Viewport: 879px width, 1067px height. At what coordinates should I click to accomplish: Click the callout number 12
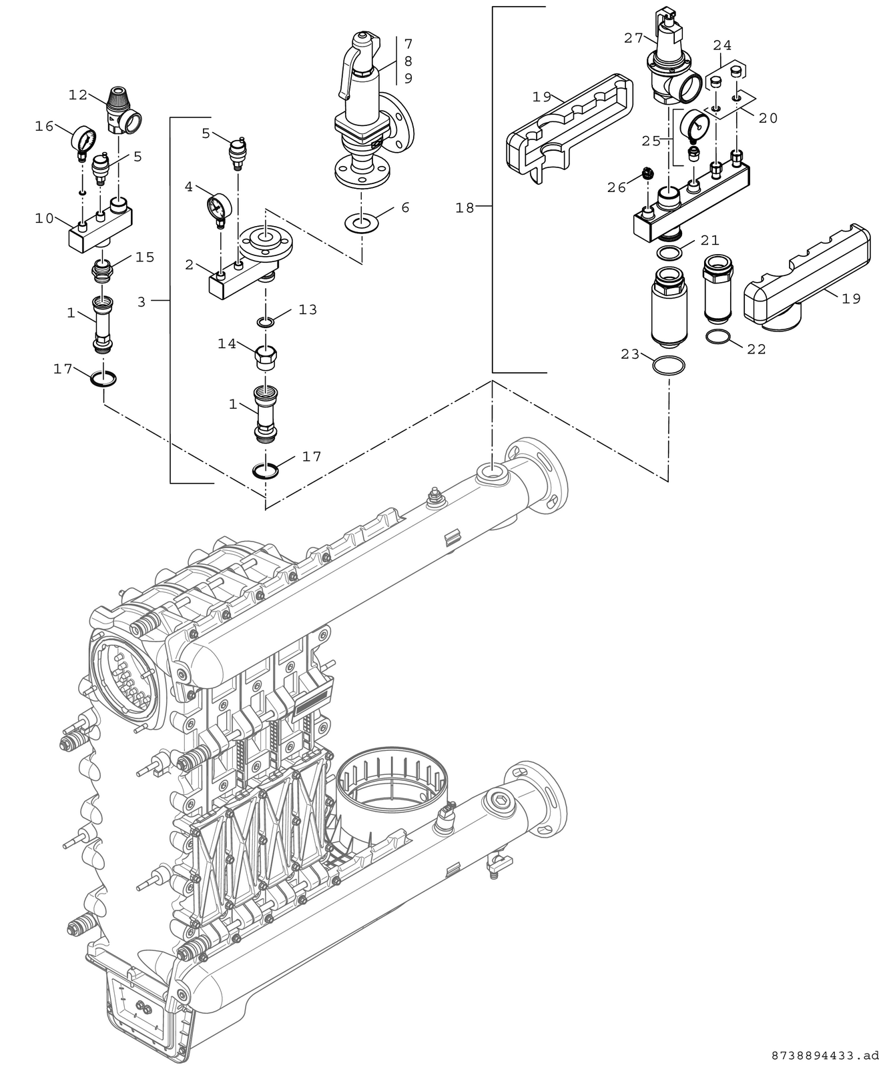tap(78, 95)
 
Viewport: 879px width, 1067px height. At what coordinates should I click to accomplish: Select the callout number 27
tap(633, 38)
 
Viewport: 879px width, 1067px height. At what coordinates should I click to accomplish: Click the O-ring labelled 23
tap(669, 365)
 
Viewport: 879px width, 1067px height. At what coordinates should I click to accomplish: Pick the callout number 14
tap(227, 344)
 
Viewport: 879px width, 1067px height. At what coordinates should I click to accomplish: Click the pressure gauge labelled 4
tap(219, 209)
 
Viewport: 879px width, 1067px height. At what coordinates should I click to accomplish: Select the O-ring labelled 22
tap(718, 336)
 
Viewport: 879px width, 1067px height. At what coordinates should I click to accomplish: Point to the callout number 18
tap(465, 207)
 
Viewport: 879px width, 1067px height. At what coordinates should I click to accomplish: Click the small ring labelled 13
tap(266, 322)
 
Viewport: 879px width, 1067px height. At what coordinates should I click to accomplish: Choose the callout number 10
tap(44, 218)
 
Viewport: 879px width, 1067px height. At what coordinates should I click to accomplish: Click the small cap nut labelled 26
tap(647, 173)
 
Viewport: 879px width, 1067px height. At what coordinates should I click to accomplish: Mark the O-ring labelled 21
tap(669, 252)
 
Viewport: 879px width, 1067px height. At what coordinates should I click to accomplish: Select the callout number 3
tap(141, 302)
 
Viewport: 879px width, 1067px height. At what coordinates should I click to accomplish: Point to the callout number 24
tap(722, 45)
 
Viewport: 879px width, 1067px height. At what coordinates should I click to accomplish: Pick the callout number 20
tap(768, 118)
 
